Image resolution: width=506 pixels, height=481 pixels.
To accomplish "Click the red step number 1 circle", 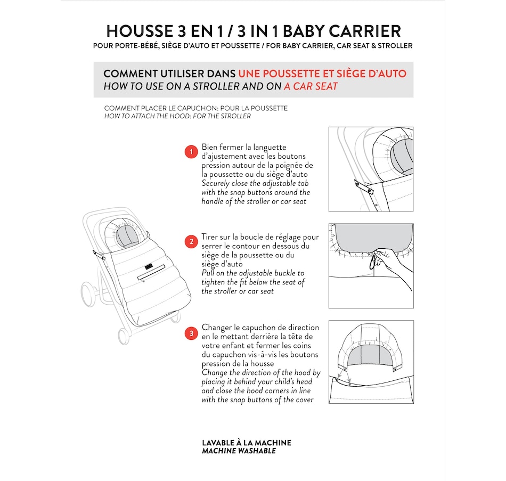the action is [191, 152].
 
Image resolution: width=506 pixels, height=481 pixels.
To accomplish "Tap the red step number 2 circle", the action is [191, 241].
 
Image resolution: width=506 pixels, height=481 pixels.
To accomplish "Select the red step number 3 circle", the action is [191, 333].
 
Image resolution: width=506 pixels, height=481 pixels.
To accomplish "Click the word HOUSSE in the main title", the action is [140, 31].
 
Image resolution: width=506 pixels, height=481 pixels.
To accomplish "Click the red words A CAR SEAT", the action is [311, 86].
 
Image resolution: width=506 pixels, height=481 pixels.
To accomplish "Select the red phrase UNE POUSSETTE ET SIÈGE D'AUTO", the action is [322, 74].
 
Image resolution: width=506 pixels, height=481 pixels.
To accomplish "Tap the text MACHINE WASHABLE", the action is [239, 451].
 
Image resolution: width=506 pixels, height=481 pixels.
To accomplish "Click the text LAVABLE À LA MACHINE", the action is [247, 443].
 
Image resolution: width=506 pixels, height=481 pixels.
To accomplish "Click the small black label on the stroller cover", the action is [148, 267].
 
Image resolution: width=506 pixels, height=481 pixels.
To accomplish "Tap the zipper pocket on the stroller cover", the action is [151, 273].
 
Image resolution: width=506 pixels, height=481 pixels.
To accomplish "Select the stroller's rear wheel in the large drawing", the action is [88, 294].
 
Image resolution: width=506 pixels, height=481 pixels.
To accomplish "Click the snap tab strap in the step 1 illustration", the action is [364, 187].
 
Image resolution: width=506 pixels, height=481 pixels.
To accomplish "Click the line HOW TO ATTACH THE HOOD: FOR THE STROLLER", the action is [177, 116].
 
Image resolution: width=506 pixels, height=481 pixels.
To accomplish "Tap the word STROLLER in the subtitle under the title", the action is [395, 46].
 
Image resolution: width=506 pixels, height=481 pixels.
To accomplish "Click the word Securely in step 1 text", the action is [215, 184].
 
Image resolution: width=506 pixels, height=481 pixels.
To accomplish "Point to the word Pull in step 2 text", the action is [208, 273].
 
